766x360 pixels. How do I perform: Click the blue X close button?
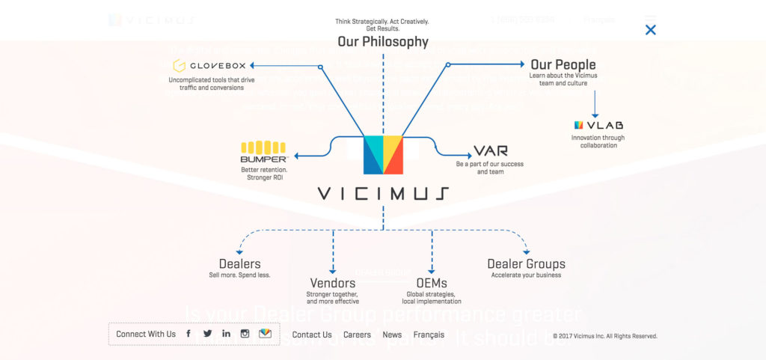coord(650,30)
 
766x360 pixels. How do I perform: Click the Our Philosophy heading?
coord(382,42)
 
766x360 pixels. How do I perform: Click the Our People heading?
coord(563,64)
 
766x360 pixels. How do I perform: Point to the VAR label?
coord(491,151)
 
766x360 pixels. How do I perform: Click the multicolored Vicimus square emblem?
coord(383,155)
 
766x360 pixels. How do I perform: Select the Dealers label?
coord(239,263)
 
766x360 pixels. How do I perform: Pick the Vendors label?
coord(333,283)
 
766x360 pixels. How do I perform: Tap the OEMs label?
coord(432,283)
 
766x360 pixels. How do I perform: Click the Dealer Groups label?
coord(526,263)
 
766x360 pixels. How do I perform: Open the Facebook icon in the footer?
coord(189,334)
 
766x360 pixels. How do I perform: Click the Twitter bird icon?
coord(207,334)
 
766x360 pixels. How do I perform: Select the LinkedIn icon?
coord(226,334)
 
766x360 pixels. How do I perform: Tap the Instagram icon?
coord(245,334)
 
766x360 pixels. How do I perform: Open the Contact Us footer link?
coord(312,335)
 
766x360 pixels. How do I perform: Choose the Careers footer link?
coord(357,335)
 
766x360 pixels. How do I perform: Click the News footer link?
coord(392,335)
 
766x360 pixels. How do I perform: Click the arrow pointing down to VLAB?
coord(595,104)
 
